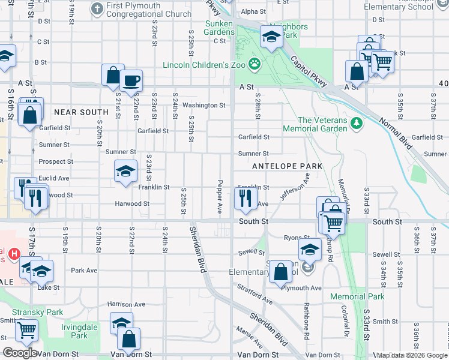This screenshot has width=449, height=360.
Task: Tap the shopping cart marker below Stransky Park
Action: tap(26, 329)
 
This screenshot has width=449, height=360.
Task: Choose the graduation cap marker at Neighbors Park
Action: tap(271, 38)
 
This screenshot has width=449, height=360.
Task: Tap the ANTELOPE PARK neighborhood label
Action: tap(288, 166)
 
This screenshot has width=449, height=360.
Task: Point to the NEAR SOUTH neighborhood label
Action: tap(81, 112)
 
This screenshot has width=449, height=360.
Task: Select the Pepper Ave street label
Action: tap(220, 197)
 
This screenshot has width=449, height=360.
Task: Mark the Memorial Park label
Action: tap(357, 296)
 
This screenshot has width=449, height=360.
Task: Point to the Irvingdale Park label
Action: tap(74, 331)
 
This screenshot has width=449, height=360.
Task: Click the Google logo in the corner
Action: tap(20, 353)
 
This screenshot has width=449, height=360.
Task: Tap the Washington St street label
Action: tap(204, 105)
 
